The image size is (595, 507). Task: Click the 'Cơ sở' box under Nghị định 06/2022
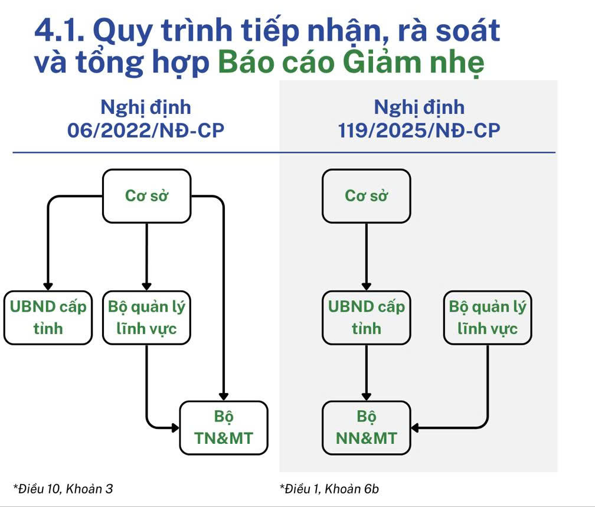(x=146, y=196)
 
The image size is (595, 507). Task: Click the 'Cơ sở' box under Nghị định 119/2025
(x=366, y=196)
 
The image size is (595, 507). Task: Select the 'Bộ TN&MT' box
(x=224, y=428)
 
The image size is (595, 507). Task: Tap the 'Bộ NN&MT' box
(x=366, y=428)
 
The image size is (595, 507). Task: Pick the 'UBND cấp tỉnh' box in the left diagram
(x=48, y=318)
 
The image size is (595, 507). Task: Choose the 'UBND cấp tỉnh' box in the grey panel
(x=366, y=318)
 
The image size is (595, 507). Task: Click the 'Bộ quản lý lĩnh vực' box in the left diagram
(x=146, y=318)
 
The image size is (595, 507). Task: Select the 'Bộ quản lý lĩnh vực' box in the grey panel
(x=488, y=318)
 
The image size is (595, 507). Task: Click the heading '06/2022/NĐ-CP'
(x=146, y=130)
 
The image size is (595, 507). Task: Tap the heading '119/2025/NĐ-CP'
(x=419, y=130)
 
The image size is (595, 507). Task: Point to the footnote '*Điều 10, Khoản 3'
(x=63, y=488)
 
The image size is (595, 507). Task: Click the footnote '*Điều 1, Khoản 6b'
(x=329, y=488)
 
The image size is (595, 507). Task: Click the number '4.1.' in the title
(x=60, y=30)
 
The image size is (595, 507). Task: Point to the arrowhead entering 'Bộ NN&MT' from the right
(x=414, y=428)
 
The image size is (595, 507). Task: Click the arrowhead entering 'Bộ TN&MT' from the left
(x=175, y=428)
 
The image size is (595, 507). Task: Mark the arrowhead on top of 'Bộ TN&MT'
(x=224, y=397)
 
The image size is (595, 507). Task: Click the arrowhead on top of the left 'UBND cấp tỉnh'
(x=48, y=286)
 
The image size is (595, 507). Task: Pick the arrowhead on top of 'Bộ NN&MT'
(x=366, y=397)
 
